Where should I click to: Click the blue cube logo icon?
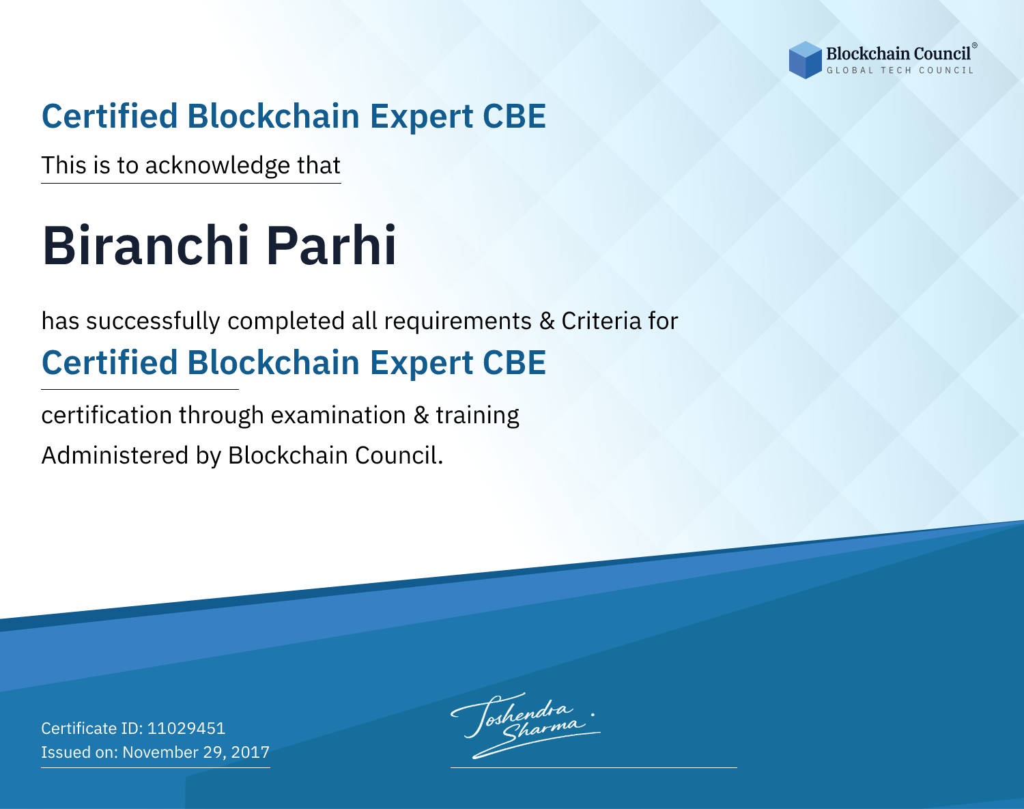pyautogui.click(x=805, y=60)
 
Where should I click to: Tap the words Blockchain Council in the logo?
pyautogui.click(x=898, y=54)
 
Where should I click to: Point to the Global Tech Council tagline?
pyautogui.click(x=900, y=70)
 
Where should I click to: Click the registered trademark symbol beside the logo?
pyautogui.click(x=974, y=46)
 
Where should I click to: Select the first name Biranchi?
pyautogui.click(x=145, y=246)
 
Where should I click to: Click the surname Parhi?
pyautogui.click(x=330, y=246)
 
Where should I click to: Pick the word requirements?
pyautogui.click(x=458, y=322)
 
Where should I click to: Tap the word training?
pyautogui.click(x=478, y=416)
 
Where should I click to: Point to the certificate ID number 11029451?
pyautogui.click(x=186, y=728)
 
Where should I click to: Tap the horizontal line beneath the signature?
pyautogui.click(x=594, y=767)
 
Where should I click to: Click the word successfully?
pyautogui.click(x=153, y=322)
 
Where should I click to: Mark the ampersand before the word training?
pyautogui.click(x=421, y=415)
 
